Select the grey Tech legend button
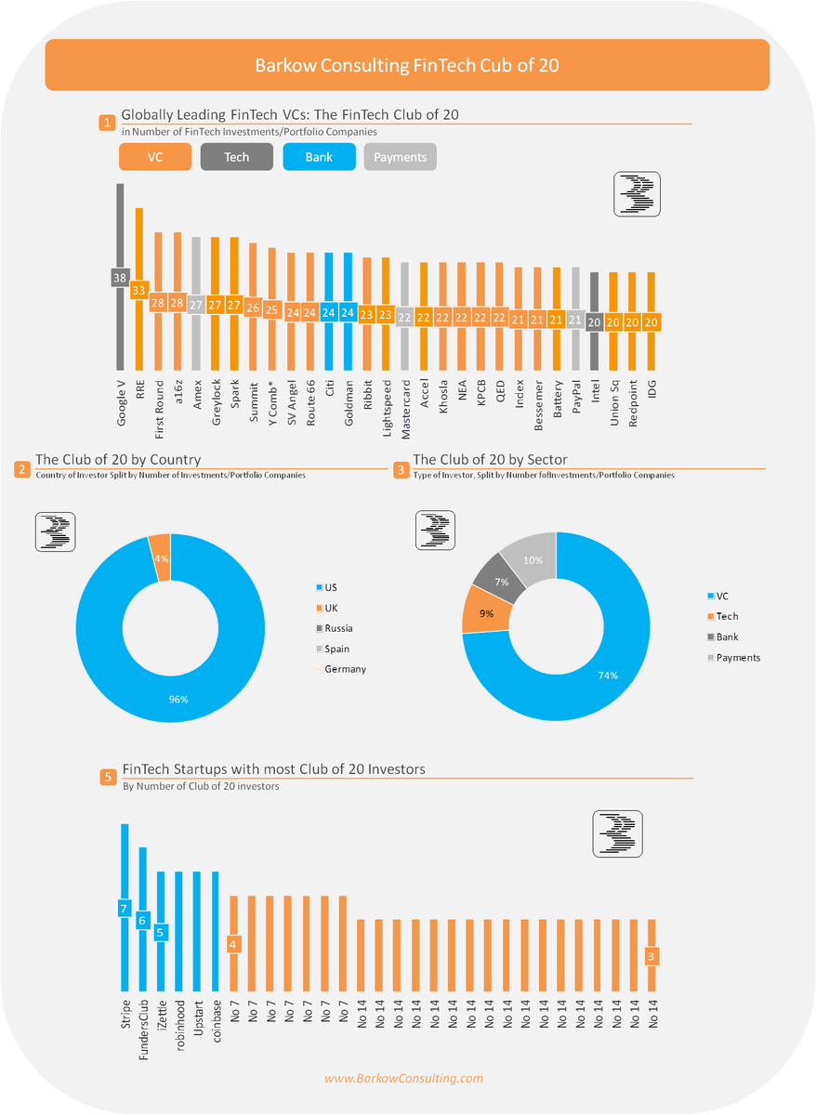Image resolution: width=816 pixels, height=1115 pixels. pos(236,157)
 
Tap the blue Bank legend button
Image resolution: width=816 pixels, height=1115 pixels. pos(319,157)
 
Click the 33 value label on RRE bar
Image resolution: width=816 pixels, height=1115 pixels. pos(138,290)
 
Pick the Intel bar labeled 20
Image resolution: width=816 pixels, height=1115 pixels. pos(595,297)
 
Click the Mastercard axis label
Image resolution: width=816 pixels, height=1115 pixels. pos(405,407)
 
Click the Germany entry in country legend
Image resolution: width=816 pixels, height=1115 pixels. pos(344,669)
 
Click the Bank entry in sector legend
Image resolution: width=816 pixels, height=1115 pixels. pos(727,636)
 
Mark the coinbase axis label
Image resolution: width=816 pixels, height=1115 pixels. pos(216,1022)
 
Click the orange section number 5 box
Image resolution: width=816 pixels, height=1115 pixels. pos(108,777)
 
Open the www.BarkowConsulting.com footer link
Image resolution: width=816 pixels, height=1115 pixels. pos(403,1078)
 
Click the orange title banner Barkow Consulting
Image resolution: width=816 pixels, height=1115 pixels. pos(407,65)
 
